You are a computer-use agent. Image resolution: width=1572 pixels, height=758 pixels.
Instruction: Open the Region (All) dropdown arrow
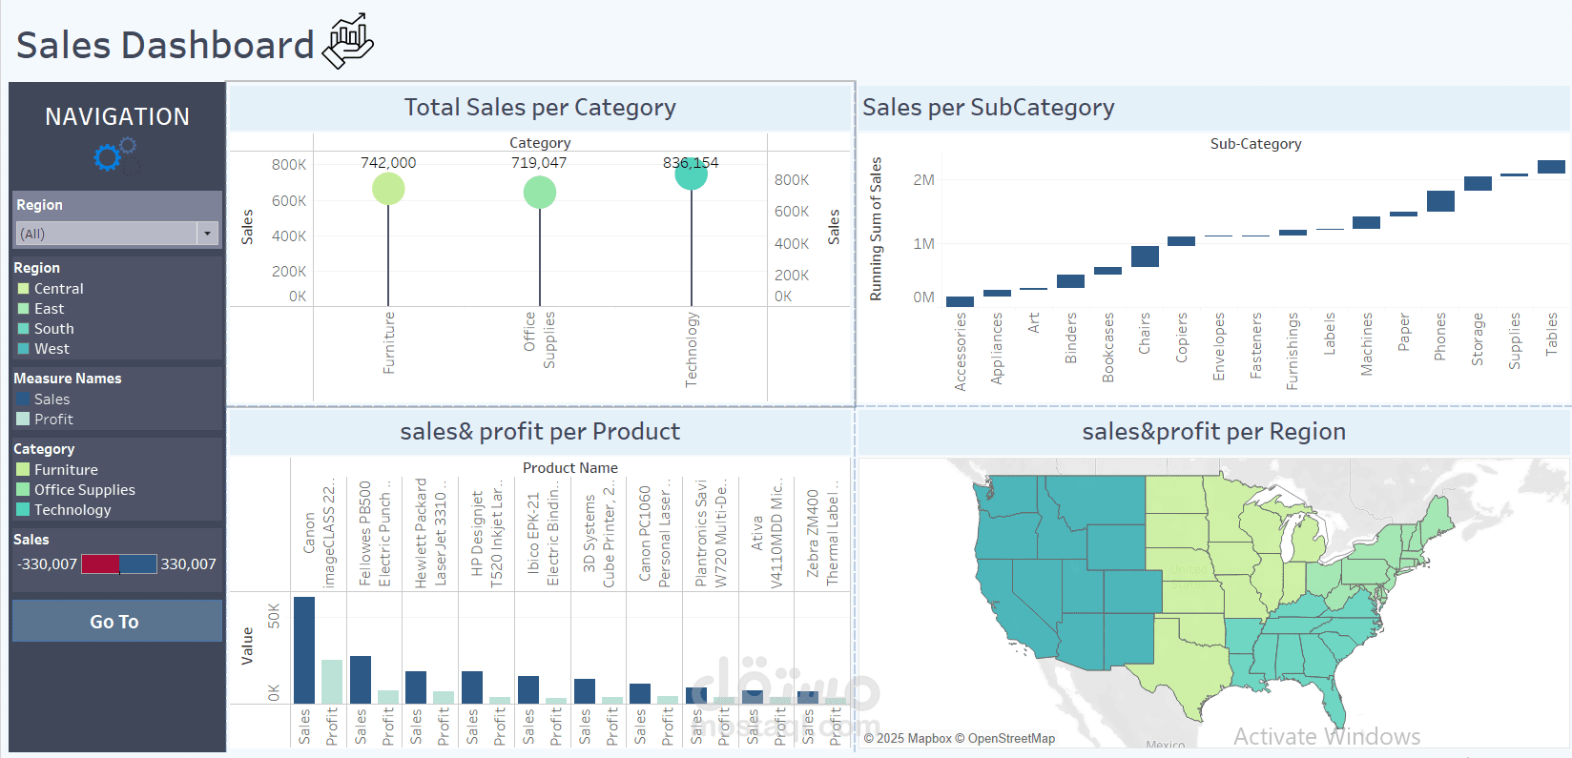tap(207, 234)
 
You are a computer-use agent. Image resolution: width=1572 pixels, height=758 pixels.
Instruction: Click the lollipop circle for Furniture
tap(388, 189)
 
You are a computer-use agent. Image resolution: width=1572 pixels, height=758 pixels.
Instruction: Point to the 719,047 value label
tap(539, 163)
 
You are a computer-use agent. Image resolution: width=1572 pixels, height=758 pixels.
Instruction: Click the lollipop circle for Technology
tap(691, 174)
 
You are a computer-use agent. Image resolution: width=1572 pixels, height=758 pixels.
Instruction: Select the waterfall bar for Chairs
tap(1145, 256)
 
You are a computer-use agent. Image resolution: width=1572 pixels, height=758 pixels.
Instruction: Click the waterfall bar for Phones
tap(1440, 201)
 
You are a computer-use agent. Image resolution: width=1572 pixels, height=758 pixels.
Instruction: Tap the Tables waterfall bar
tap(1551, 167)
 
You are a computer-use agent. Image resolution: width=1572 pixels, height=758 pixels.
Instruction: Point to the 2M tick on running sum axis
tap(923, 180)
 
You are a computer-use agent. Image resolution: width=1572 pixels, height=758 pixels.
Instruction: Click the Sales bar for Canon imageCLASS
tap(304, 650)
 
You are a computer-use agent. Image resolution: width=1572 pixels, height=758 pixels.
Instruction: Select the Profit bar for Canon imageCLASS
tap(332, 682)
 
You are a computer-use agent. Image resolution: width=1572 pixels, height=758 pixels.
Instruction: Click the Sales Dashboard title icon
tap(348, 41)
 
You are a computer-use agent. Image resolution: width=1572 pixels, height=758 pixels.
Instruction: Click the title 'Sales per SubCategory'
tap(988, 108)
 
